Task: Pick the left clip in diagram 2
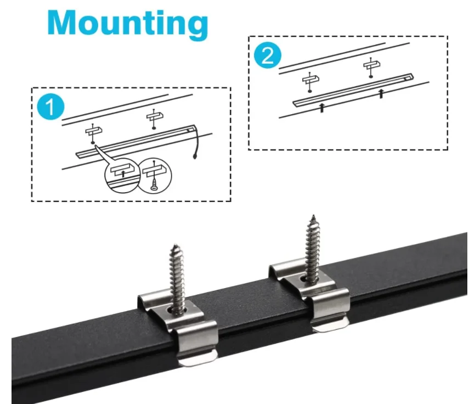(x=309, y=80)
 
